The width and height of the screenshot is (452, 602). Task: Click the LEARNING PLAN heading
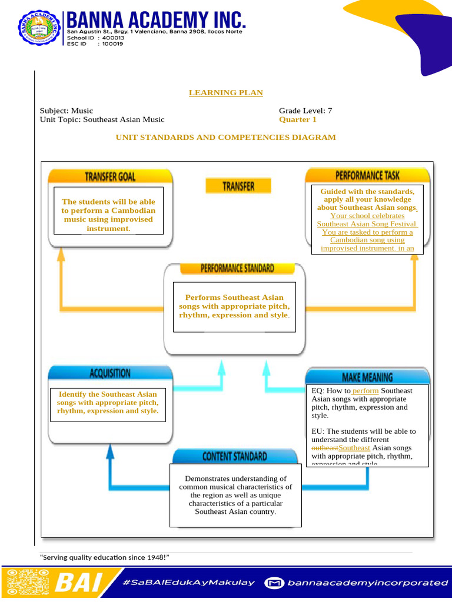point(225,93)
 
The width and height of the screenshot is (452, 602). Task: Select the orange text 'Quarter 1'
point(297,119)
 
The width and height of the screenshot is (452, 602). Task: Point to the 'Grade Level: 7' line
point(305,111)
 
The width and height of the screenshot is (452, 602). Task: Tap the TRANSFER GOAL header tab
point(110,176)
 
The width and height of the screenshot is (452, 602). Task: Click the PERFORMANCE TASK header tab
point(367,175)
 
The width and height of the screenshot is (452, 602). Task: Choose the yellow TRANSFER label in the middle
point(238,186)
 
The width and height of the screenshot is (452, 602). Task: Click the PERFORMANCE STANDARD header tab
point(237,268)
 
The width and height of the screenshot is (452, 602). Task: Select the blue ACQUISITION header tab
point(110,373)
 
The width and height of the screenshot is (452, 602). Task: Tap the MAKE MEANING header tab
point(367,377)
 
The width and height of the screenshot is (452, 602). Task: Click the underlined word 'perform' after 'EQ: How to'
point(365,391)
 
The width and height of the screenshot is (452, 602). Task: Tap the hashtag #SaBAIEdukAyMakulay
point(189,583)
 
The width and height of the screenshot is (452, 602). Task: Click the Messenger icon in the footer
point(274,583)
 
